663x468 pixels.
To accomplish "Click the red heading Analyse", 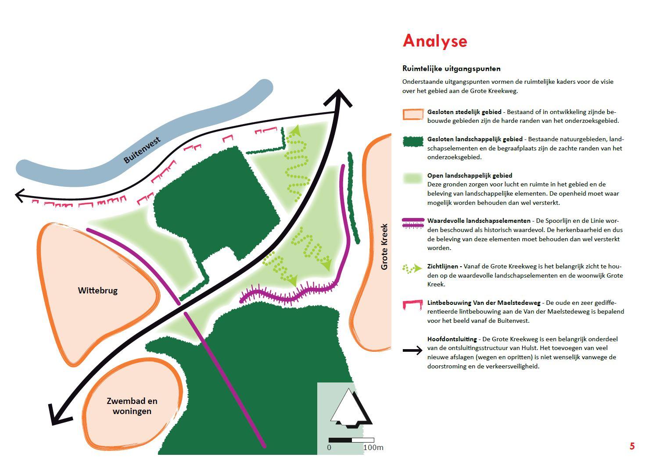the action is coord(435,41).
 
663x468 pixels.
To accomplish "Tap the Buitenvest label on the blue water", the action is coord(142,150).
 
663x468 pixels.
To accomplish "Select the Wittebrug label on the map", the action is coord(98,290).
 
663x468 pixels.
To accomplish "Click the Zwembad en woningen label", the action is coord(132,406).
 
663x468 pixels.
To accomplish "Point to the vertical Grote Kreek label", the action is coord(384,247).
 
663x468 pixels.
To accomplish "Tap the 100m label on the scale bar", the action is coord(373,447).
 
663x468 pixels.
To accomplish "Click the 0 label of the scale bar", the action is coord(329,447).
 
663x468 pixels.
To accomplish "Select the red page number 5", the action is coord(632,446).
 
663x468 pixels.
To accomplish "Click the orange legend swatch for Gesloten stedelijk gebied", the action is coord(413,114).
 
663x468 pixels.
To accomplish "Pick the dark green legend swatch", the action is coord(413,141).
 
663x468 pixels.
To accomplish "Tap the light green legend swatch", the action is coord(413,179).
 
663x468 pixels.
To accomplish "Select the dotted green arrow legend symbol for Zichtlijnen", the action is coord(412,268).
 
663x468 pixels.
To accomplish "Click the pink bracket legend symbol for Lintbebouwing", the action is coord(413,305).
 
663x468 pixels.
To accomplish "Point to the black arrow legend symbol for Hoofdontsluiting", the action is coord(412,350).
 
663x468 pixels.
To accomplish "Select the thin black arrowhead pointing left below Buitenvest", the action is coord(20,196).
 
